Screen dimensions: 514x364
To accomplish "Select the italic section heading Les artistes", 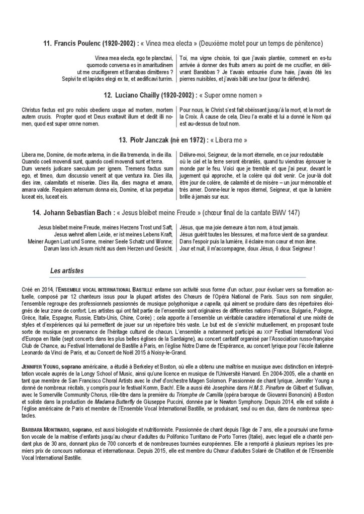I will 67,271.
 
